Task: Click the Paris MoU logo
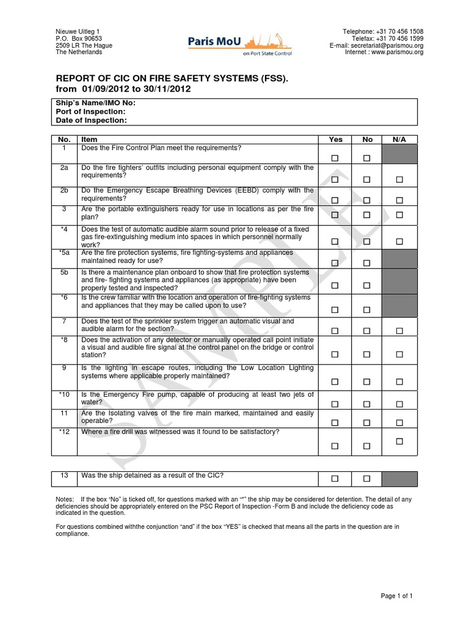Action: point(240,45)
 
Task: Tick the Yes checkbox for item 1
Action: point(335,158)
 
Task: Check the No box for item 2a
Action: point(367,180)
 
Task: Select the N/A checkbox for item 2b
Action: point(399,201)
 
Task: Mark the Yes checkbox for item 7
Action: point(335,331)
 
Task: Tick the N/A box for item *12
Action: point(399,441)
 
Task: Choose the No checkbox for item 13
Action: point(367,478)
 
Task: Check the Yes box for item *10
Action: point(335,404)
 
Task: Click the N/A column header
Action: point(399,139)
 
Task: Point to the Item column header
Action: point(89,139)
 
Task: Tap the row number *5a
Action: point(64,252)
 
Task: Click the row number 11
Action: point(64,413)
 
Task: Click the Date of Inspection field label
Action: point(91,120)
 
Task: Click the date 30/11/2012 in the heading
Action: point(166,89)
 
